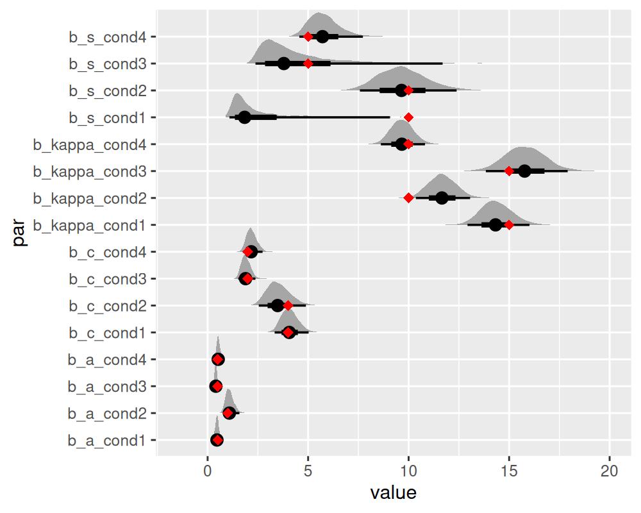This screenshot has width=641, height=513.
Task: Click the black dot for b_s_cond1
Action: pyautogui.click(x=244, y=117)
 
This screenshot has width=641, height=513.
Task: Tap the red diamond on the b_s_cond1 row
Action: pyautogui.click(x=408, y=117)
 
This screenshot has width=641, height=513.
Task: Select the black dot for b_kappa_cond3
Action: pyautogui.click(x=524, y=171)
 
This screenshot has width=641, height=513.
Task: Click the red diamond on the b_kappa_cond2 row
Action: pyautogui.click(x=408, y=198)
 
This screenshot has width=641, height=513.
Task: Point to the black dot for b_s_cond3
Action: pyautogui.click(x=284, y=63)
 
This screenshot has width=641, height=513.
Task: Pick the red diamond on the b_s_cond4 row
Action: pyautogui.click(x=308, y=37)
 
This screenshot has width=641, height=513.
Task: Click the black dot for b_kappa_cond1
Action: pyautogui.click(x=495, y=225)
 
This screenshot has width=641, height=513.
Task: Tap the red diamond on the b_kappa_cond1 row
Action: pyautogui.click(x=509, y=225)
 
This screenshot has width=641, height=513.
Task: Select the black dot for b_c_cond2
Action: pyautogui.click(x=278, y=305)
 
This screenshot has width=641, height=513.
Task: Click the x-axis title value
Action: pyautogui.click(x=394, y=493)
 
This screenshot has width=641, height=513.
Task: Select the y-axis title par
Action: pyautogui.click(x=20, y=231)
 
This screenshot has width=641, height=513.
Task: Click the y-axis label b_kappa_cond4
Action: pyautogui.click(x=94, y=144)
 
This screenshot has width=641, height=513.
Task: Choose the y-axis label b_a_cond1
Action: pyautogui.click(x=111, y=441)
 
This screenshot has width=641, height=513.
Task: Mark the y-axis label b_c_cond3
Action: pyautogui.click(x=111, y=279)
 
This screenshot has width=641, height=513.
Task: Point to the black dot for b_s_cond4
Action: pyautogui.click(x=322, y=37)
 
